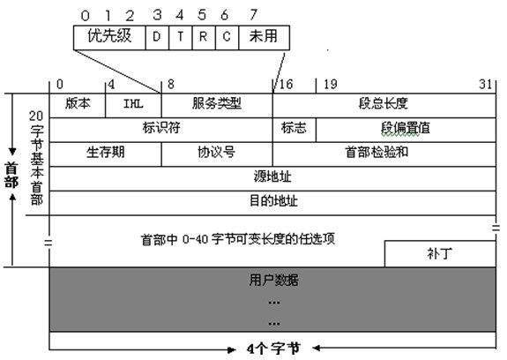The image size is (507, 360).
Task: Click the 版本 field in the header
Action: tap(78, 106)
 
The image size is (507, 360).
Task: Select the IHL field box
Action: tap(133, 106)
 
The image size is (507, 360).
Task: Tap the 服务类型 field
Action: tap(217, 106)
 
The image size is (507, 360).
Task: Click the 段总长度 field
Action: tap(384, 106)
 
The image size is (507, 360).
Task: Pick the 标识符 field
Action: tap(161, 130)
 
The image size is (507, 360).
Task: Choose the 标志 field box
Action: tap(295, 130)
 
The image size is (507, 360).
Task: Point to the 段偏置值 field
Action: tap(406, 130)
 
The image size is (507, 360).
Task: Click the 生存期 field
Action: tap(106, 154)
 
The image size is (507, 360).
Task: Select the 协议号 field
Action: tap(217, 154)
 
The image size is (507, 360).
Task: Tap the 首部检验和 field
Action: tap(384, 154)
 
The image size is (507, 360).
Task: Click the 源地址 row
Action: tap(272, 178)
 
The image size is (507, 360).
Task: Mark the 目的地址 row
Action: tap(272, 203)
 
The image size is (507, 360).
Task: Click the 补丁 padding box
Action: tap(440, 254)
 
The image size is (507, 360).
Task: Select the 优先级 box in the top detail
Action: tap(109, 38)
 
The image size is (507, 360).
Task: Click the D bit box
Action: tap(157, 38)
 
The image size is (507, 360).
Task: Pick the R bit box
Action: tap(204, 38)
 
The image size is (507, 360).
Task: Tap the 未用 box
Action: tap(265, 38)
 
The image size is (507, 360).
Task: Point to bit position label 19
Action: tap(331, 85)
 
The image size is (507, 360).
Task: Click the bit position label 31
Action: tap(485, 85)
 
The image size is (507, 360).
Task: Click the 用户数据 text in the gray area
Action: tap(273, 280)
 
